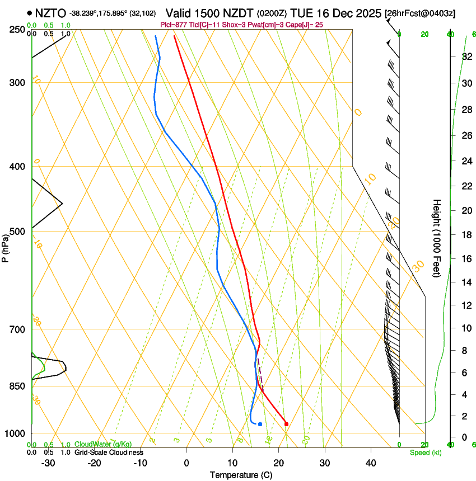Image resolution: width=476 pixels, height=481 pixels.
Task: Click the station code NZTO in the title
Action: point(50,13)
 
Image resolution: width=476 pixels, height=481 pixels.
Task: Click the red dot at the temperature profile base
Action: point(286,424)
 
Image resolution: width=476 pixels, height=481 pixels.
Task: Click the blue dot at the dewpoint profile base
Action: point(260,424)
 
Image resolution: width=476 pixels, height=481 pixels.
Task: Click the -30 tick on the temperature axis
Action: point(48,463)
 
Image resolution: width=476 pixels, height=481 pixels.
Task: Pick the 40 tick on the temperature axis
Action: point(371,463)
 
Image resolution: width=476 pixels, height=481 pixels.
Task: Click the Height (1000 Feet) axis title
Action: point(437,238)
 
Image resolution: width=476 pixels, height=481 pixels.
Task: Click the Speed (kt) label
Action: point(425,452)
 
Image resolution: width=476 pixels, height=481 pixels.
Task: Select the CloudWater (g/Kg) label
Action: point(103,444)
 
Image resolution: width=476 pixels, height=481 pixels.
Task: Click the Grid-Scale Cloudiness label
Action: point(109,452)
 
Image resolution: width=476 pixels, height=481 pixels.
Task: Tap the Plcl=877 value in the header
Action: point(174,25)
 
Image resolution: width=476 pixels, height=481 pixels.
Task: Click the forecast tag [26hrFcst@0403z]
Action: point(421,13)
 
